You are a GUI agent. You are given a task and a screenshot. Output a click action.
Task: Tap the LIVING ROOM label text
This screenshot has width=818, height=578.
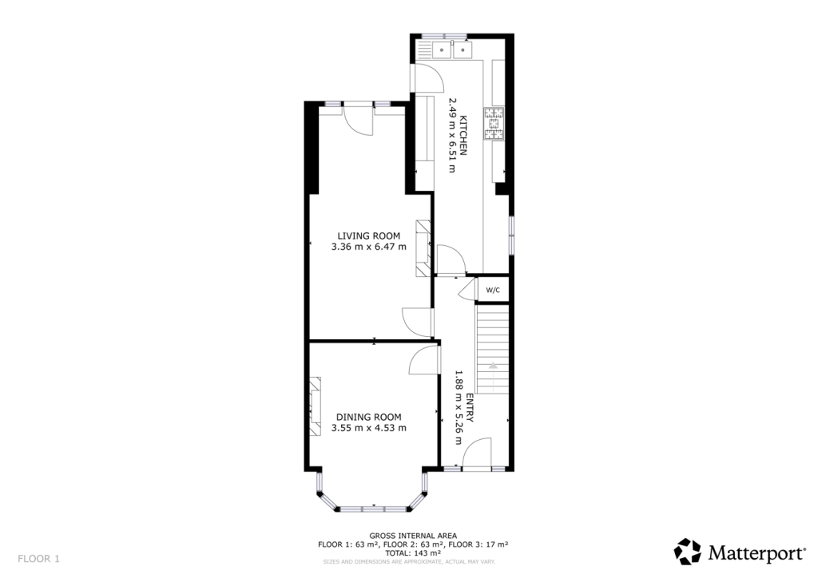click(368, 236)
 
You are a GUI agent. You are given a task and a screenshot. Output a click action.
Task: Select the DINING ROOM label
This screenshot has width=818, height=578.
click(368, 417)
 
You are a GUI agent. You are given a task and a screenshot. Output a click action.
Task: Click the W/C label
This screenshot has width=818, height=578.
click(493, 289)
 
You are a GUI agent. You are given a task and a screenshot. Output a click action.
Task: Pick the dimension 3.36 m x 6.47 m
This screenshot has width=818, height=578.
click(368, 247)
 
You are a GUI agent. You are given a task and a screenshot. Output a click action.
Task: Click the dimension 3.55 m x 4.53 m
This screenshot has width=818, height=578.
click(368, 428)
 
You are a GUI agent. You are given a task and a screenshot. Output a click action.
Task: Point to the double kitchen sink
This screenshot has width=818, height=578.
click(452, 50)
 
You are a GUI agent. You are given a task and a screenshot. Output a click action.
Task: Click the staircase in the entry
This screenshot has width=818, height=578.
click(493, 347)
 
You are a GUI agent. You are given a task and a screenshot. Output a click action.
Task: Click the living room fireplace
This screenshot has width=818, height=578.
click(423, 247)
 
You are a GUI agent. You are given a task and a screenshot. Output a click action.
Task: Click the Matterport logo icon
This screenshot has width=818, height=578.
click(688, 552)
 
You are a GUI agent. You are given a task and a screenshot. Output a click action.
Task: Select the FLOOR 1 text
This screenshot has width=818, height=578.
click(38, 559)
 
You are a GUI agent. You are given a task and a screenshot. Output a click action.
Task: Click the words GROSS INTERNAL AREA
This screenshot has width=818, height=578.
click(413, 536)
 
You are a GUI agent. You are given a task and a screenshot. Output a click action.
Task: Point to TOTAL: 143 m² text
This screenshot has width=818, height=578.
click(413, 552)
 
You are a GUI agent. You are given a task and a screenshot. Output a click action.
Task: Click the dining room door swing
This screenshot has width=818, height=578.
click(424, 358)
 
